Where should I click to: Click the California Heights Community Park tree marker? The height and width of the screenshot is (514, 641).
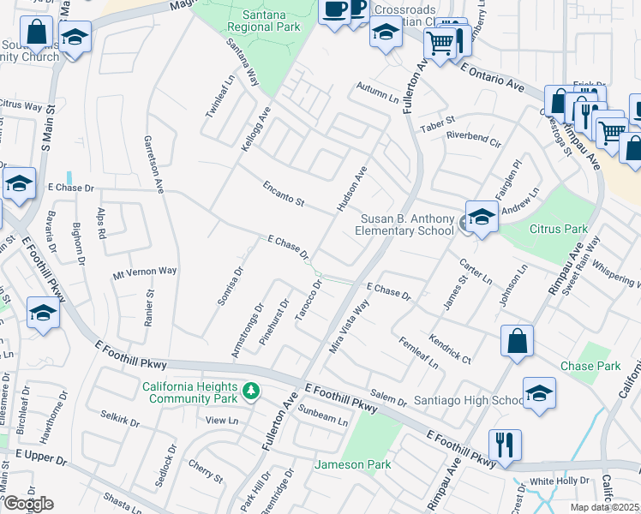pos(251,391)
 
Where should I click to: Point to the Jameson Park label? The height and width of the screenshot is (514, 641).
pos(353,464)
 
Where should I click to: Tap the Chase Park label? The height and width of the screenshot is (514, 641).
pos(590,366)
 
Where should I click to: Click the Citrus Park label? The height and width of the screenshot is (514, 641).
pos(559,229)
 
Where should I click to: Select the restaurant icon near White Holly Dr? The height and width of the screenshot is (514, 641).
pos(505,444)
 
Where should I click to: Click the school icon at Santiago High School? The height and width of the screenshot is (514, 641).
pos(539,393)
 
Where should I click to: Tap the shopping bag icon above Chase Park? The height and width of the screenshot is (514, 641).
pos(518,341)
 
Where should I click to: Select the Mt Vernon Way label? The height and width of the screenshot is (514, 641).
pos(145,271)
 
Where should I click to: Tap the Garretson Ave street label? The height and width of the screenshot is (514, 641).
pos(153,165)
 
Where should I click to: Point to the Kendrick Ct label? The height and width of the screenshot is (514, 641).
pos(451,348)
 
